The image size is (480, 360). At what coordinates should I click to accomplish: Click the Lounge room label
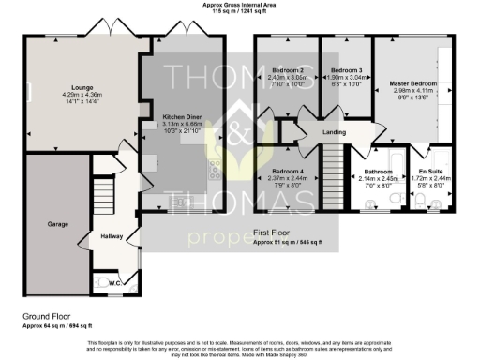[71, 87]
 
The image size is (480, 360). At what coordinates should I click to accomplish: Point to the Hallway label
[112, 235]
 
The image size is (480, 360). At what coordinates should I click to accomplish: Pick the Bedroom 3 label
[346, 71]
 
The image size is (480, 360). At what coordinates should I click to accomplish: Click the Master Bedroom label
[413, 82]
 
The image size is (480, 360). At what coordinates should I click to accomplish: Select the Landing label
[335, 132]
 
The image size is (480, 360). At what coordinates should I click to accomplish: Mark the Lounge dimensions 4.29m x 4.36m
[71, 95]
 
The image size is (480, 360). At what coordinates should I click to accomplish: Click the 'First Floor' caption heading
[273, 231]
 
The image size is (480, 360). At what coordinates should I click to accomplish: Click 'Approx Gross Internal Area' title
[239, 5]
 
